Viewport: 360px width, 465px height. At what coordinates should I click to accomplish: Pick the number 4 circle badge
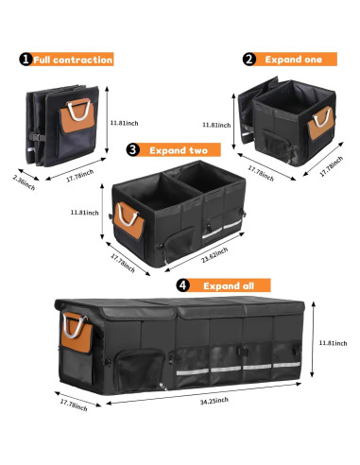click(181, 284)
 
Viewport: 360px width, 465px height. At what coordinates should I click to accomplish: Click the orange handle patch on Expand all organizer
click(76, 332)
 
